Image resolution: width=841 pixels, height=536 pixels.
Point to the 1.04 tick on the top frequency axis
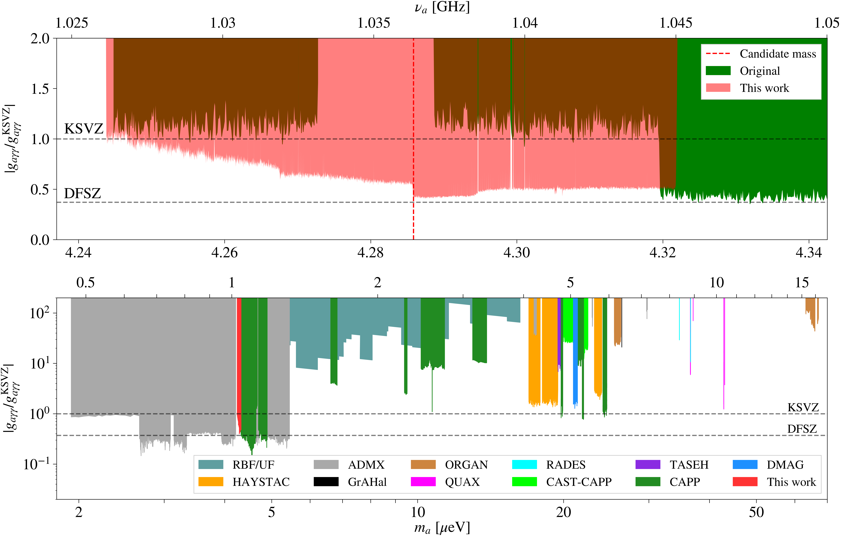tap(525, 23)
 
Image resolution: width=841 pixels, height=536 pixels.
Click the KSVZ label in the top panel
tap(84, 129)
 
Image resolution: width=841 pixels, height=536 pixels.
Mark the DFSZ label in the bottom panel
tap(802, 429)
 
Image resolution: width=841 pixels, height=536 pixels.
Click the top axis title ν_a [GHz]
tap(442, 7)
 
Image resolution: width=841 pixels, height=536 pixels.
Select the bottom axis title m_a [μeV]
tap(442, 528)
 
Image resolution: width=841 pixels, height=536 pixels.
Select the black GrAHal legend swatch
tap(326, 482)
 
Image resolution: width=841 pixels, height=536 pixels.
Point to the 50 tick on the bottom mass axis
tap(756, 512)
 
